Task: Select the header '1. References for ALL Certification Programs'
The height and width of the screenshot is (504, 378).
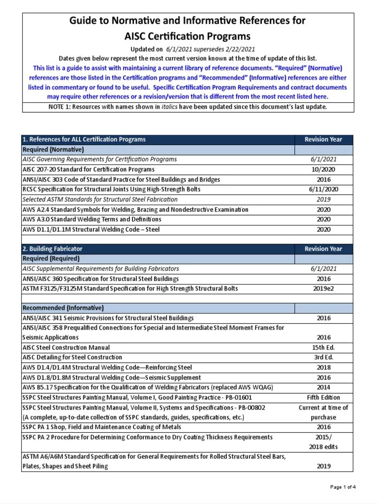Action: (84, 139)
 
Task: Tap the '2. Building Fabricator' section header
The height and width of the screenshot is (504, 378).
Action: (53, 249)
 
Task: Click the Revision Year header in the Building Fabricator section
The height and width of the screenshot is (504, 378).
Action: (323, 249)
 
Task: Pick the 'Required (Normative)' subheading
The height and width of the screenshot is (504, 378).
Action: (53, 149)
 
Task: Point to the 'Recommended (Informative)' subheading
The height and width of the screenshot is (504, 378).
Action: (63, 308)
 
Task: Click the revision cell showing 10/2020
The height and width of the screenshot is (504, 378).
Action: (323, 169)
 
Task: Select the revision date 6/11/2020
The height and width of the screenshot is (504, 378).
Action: (323, 189)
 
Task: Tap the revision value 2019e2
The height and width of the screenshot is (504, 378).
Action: (323, 288)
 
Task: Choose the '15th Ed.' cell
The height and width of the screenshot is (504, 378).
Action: (323, 347)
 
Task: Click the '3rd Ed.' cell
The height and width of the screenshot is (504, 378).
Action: (323, 357)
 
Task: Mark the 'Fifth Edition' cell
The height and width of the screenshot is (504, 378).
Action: (323, 397)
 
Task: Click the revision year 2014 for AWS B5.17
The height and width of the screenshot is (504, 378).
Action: (323, 387)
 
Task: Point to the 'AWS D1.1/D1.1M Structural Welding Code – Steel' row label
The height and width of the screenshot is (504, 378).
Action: (91, 229)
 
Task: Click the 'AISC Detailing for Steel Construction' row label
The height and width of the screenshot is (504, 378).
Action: (72, 357)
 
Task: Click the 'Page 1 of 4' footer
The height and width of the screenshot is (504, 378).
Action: (343, 487)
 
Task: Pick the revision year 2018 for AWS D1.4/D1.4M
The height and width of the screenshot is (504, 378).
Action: (323, 367)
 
